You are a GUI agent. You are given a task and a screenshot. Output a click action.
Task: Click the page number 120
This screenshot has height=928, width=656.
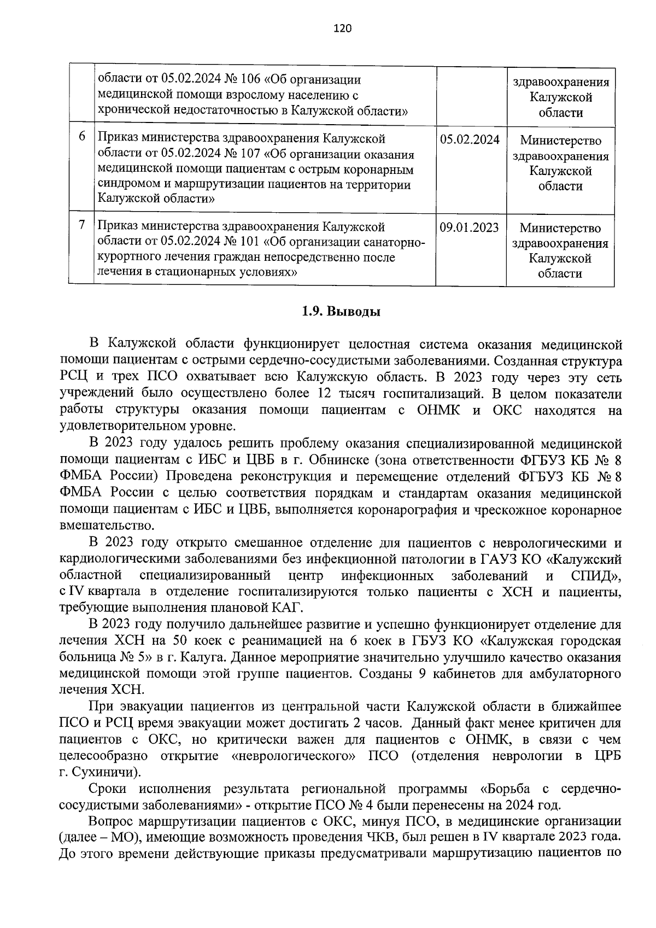(342, 28)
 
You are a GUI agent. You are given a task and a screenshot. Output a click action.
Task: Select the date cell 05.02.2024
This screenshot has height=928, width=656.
(470, 139)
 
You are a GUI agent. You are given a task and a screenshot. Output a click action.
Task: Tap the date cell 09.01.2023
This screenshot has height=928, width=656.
(469, 227)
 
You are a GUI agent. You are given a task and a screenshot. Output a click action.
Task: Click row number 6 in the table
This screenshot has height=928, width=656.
(82, 137)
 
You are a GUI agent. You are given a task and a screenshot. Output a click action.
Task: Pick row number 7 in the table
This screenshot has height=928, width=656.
(82, 225)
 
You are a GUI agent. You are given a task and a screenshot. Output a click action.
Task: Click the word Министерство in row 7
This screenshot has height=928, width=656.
(560, 228)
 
